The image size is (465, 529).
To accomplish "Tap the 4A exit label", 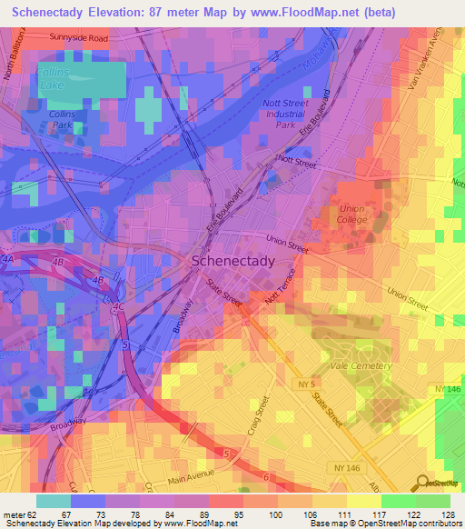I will click(11, 259).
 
